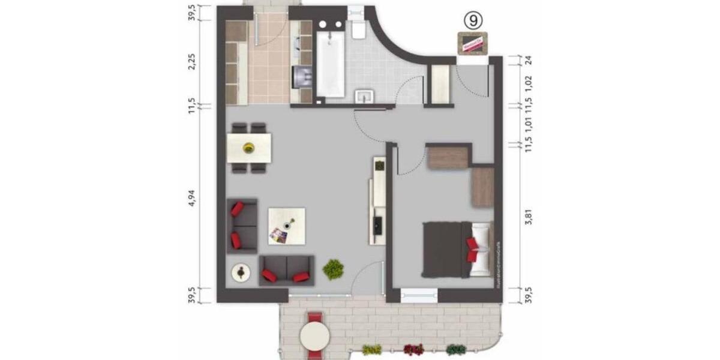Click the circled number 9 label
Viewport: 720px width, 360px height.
coord(473,20)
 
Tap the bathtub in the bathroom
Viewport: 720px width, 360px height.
coord(330,65)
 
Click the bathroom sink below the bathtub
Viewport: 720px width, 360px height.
coord(364,97)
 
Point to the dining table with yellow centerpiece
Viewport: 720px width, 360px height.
coord(249,147)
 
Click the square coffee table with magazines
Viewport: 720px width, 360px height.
coord(286,226)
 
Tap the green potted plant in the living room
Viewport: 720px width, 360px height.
coord(332,269)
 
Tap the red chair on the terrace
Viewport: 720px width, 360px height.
coord(315,318)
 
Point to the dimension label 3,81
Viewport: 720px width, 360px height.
coord(529,217)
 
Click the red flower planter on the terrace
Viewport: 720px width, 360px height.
coord(413,349)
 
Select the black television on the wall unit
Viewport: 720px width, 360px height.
coord(379,225)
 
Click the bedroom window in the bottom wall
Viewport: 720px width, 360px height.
coord(418,295)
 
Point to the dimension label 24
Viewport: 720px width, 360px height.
coord(529,60)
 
